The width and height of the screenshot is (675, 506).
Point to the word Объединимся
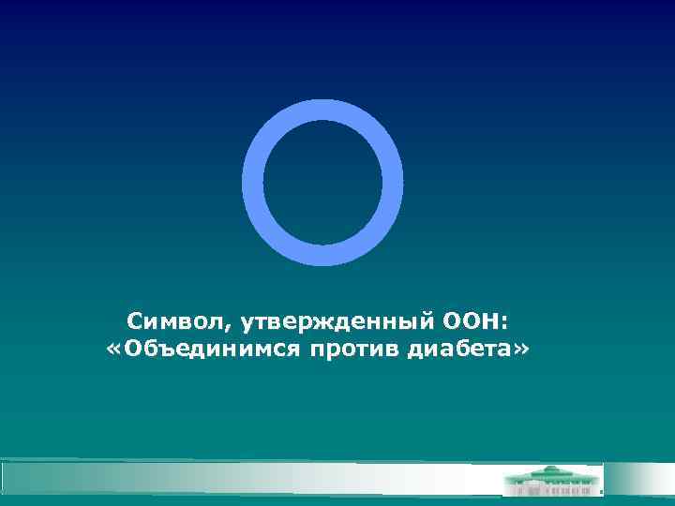click(202, 350)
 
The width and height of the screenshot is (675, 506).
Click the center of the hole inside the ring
click(322, 183)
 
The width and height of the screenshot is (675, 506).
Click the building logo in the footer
click(554, 480)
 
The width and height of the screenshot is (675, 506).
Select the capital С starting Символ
click(136, 322)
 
